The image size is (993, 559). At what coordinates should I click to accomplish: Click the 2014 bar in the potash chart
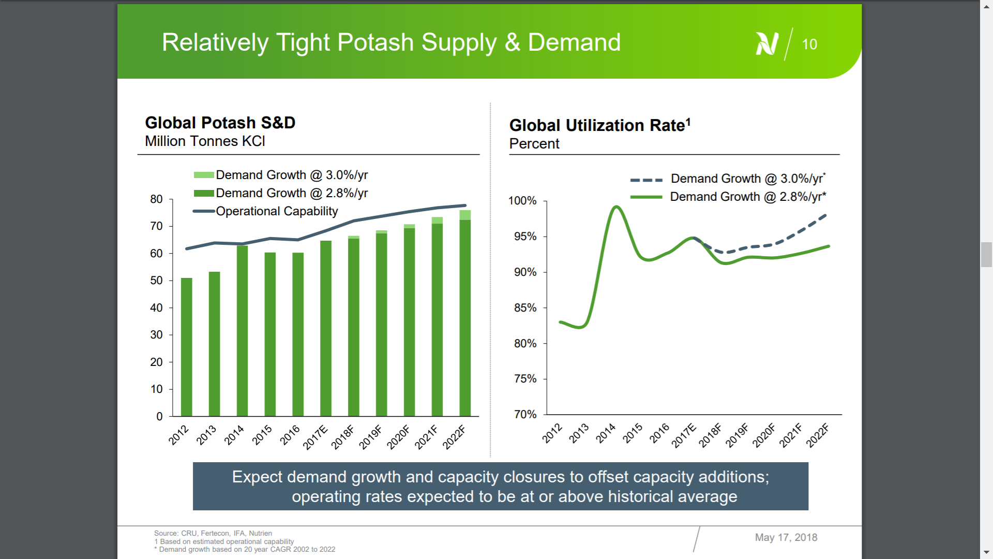pos(242,331)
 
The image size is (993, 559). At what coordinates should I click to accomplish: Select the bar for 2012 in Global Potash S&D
pos(187,347)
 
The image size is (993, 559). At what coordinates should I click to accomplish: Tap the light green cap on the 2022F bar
pos(465,215)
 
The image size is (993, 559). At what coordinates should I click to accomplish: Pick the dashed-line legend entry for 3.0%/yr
pos(728,179)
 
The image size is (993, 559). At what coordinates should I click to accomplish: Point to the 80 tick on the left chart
pos(156,199)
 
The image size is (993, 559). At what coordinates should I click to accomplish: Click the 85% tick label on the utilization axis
pos(525,308)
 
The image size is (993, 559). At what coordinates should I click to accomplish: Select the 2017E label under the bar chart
pos(315,437)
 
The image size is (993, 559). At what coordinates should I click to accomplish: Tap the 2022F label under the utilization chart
pos(818,435)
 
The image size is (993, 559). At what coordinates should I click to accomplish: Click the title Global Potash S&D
pos(220,123)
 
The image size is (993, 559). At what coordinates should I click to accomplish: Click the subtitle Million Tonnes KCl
pos(205,141)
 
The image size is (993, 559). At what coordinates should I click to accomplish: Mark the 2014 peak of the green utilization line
pos(616,207)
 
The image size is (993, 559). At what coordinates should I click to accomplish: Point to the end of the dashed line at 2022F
pos(826,215)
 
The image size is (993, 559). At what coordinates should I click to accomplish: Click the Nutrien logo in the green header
pos(766,43)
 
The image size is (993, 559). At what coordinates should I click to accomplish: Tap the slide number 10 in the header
pos(809,45)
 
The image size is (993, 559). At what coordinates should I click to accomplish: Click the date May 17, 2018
pos(786,537)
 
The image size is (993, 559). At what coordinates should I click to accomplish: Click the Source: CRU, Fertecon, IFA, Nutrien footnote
pos(213,533)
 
